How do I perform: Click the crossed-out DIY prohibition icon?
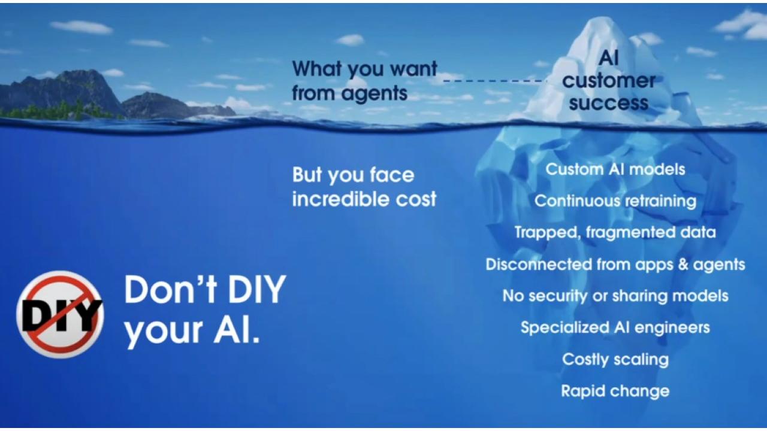point(60,314)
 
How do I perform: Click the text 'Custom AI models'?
point(615,169)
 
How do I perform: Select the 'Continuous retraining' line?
point(615,201)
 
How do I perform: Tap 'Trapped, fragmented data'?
point(615,233)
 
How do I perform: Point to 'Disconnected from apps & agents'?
point(615,265)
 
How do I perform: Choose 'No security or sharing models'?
point(615,296)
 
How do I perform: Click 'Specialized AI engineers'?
point(615,327)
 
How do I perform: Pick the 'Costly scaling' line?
point(615,360)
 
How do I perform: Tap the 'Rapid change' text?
point(615,391)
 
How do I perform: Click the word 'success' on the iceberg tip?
point(608,104)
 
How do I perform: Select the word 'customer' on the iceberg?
point(608,81)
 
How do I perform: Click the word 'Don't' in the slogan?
point(170,290)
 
